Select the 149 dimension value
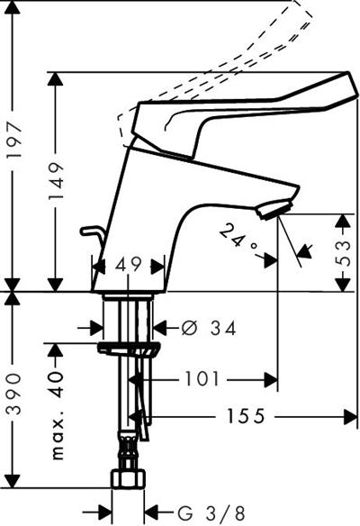(56, 181)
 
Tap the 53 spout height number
(342, 253)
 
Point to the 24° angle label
(239, 240)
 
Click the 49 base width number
(129, 266)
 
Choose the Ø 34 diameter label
(209, 328)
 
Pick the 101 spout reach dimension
(202, 379)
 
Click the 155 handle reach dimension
(246, 416)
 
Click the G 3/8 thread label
(211, 513)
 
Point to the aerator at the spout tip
(274, 210)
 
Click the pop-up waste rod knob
(88, 231)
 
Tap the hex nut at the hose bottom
(128, 478)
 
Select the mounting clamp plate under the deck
(129, 349)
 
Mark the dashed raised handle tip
(303, 7)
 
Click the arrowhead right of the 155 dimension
(351, 417)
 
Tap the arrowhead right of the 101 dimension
(271, 380)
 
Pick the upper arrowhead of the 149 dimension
(56, 79)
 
